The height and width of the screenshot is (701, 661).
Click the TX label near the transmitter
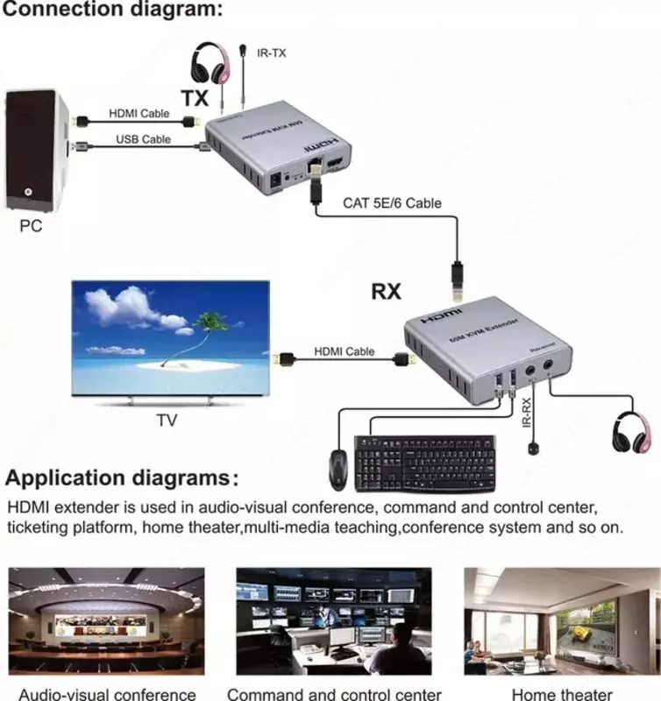195,98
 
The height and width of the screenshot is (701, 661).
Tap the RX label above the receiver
386,291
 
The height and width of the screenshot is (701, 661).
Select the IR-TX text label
272,53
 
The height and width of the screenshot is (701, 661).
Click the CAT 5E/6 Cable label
392,203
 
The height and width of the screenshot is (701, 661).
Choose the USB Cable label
144,138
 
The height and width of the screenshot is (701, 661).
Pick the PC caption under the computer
30,226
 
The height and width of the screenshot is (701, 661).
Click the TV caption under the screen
167,421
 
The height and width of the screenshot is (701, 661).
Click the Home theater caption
561,694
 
